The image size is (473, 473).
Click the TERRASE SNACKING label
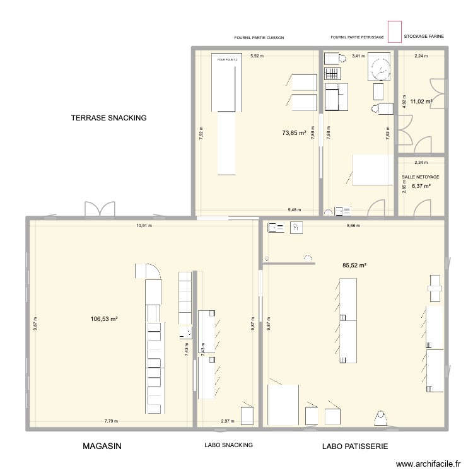pyautogui.click(x=108, y=118)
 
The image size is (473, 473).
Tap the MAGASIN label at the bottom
pyautogui.click(x=102, y=446)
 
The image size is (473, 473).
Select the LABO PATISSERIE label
pyautogui.click(x=354, y=447)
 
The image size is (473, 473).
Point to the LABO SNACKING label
pyautogui.click(x=228, y=445)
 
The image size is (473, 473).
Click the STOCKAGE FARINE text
pyautogui.click(x=424, y=37)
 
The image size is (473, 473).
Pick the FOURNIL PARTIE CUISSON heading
pyautogui.click(x=259, y=38)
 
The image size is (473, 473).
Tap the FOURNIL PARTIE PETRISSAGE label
pyautogui.click(x=357, y=38)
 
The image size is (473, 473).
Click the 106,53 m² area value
pyautogui.click(x=105, y=319)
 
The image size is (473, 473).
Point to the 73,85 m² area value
pyautogui.click(x=294, y=133)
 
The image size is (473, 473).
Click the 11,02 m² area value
pyautogui.click(x=421, y=101)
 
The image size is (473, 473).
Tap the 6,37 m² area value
pyautogui.click(x=421, y=186)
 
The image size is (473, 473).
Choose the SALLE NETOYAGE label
pyautogui.click(x=421, y=177)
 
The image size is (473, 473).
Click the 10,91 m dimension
pyautogui.click(x=144, y=225)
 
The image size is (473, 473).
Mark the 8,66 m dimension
pyautogui.click(x=353, y=225)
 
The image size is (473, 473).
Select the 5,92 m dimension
pyautogui.click(x=257, y=56)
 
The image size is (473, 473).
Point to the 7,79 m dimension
pyautogui.click(x=112, y=421)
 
